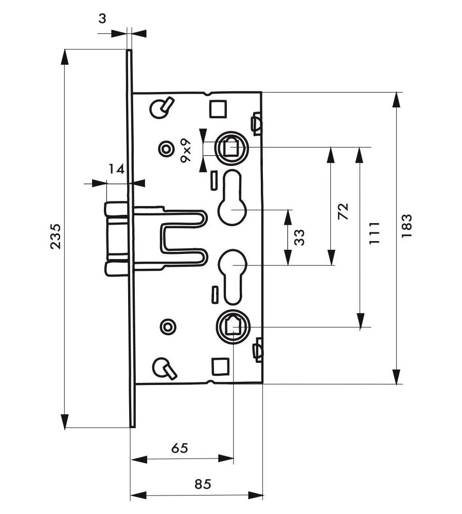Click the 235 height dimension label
click(x=57, y=236)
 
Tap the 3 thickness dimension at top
click(x=102, y=19)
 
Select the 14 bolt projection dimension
click(x=116, y=169)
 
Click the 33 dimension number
click(x=299, y=237)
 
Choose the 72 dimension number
click(x=343, y=211)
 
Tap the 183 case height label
click(x=406, y=226)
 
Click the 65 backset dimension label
click(x=180, y=448)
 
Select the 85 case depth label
click(x=203, y=484)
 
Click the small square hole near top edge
click(x=218, y=108)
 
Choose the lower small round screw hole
click(x=168, y=327)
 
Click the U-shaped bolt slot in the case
click(x=184, y=238)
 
